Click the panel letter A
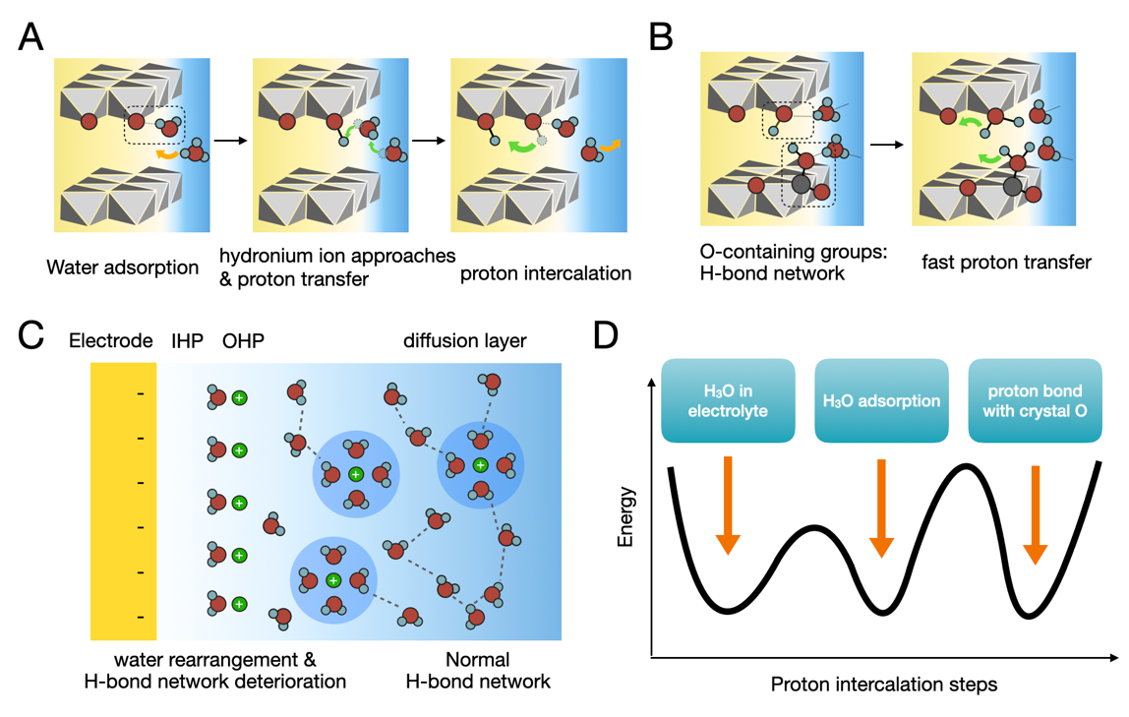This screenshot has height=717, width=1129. (30, 36)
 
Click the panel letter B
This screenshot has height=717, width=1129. (661, 36)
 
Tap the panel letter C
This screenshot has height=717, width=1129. (30, 335)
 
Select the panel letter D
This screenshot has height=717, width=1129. (606, 335)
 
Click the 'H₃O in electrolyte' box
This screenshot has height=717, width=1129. (728, 400)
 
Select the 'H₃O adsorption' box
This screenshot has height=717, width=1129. (881, 400)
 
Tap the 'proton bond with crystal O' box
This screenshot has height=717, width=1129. (1035, 400)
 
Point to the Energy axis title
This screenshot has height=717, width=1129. (625, 516)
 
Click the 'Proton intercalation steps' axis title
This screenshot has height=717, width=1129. (883, 684)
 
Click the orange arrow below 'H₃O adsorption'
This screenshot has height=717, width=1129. (881, 508)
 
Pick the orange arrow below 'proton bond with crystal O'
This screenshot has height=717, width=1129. (1036, 514)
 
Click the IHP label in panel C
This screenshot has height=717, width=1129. (187, 340)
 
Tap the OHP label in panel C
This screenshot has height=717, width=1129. (243, 340)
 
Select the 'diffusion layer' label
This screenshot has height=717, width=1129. (464, 340)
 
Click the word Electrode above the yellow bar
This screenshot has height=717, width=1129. (111, 340)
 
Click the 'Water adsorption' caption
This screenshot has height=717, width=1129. (122, 268)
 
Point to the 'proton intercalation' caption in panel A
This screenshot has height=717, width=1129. (546, 273)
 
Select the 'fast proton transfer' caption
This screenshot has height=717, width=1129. (1006, 262)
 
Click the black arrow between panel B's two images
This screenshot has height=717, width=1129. (887, 145)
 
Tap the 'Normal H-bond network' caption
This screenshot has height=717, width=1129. (478, 670)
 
